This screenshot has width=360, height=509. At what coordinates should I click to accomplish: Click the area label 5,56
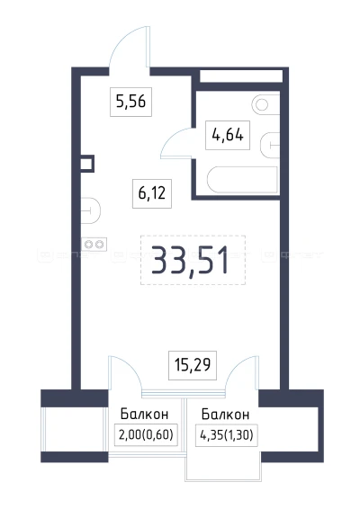[x=131, y=103]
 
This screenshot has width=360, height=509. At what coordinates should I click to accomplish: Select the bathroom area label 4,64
[x=227, y=137]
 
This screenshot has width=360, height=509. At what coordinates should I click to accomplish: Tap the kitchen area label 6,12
[x=153, y=191]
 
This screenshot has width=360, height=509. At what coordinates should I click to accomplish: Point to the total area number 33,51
[x=192, y=259]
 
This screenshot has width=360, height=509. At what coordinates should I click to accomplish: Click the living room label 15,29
[x=190, y=365]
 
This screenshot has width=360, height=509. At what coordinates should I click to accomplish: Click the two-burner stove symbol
[x=92, y=243]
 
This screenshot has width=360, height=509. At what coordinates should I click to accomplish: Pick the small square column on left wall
[x=86, y=164]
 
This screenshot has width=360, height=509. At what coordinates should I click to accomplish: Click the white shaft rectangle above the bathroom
[x=238, y=77]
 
